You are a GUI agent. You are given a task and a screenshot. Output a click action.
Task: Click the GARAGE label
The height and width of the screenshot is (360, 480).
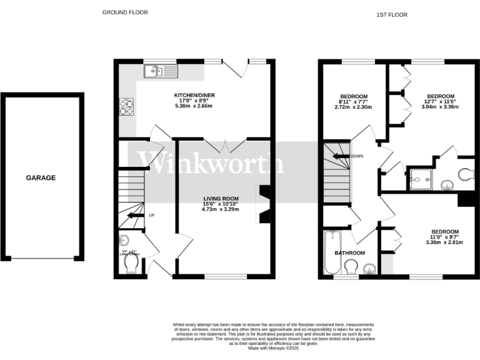41,177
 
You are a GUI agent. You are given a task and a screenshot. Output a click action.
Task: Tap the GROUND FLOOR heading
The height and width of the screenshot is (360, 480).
125,12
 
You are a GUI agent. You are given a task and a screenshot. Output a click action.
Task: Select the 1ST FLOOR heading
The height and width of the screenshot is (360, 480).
392,14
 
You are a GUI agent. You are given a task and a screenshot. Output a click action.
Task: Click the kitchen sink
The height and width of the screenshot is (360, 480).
161,71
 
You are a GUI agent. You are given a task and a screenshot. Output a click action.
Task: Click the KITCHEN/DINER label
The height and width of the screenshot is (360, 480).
192,95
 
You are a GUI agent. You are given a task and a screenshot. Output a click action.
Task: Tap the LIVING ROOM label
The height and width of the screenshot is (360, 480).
220,198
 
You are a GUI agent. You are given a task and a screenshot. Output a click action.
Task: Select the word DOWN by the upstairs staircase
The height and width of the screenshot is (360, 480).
357,156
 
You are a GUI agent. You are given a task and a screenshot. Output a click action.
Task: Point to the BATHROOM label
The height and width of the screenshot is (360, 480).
349,252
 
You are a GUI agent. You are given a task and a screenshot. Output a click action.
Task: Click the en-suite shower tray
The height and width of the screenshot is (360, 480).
421,178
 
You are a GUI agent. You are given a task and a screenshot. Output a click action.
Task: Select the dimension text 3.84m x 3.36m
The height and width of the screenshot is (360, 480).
441,106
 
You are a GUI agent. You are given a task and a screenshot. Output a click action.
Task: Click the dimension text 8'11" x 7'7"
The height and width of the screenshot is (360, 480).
353,102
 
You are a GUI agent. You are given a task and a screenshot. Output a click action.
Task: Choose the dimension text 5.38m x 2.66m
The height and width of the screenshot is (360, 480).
192,106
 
